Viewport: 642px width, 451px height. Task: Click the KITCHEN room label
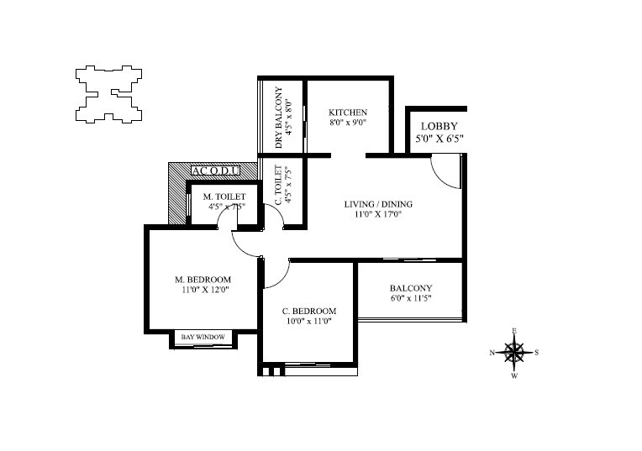point(347,113)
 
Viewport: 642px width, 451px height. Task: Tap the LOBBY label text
point(439,127)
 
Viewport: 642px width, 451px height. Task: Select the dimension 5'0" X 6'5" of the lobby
point(439,139)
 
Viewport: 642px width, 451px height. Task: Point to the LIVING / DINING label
point(378,203)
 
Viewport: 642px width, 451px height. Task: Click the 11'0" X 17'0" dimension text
point(378,214)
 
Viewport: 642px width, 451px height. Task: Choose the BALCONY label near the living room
point(411,286)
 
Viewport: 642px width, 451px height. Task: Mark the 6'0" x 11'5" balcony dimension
point(411,297)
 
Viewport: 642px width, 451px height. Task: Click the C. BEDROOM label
point(308,310)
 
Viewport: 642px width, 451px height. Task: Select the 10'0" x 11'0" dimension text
point(308,321)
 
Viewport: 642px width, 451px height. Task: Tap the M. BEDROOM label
point(203,279)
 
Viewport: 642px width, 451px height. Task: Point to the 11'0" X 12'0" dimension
point(203,290)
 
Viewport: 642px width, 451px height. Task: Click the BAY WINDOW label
point(203,337)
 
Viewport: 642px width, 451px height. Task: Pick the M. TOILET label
point(224,197)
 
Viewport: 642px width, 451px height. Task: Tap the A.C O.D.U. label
point(216,171)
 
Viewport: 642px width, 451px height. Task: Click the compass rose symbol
point(514,352)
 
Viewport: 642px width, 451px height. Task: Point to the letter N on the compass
point(492,353)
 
